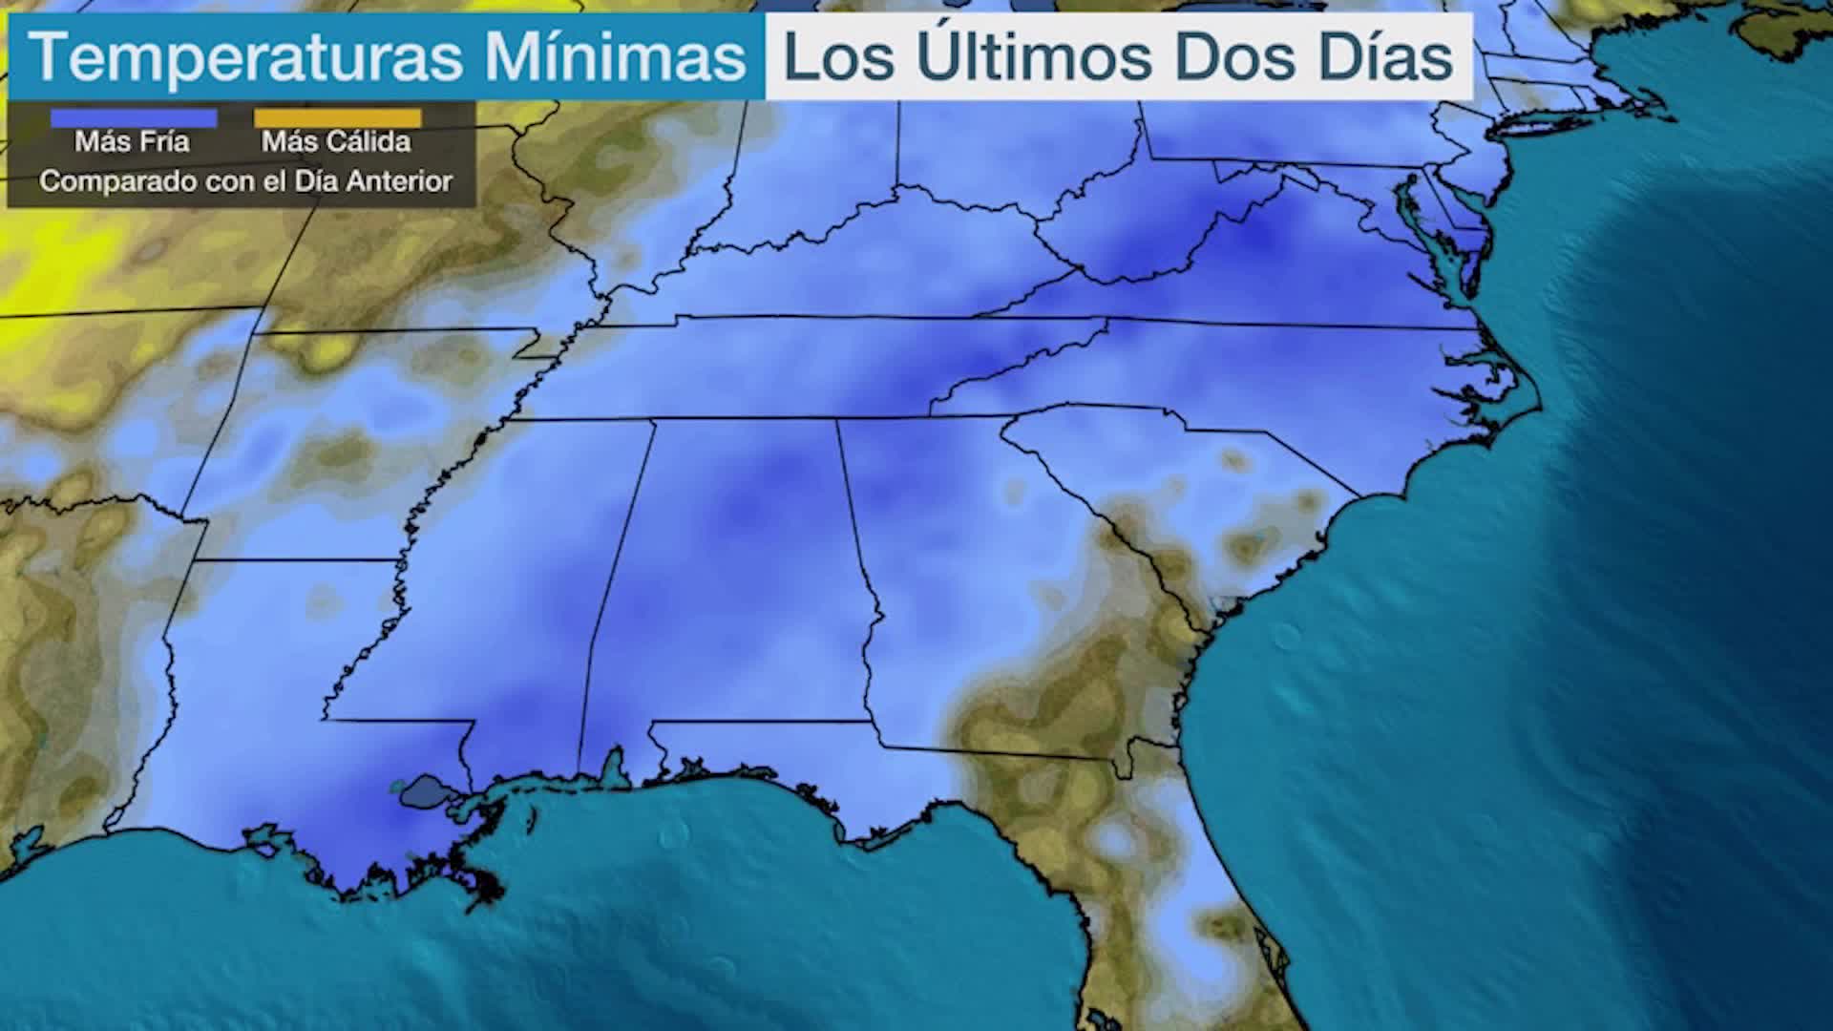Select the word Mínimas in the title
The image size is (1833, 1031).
coord(615,57)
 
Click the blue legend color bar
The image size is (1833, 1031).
coord(134,118)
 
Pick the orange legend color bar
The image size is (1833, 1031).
coord(337,118)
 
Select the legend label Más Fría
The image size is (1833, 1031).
coord(133,142)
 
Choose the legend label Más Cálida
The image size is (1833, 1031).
coord(336,142)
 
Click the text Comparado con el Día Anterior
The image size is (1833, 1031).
coord(245,181)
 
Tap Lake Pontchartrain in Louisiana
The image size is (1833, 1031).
coord(425,790)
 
